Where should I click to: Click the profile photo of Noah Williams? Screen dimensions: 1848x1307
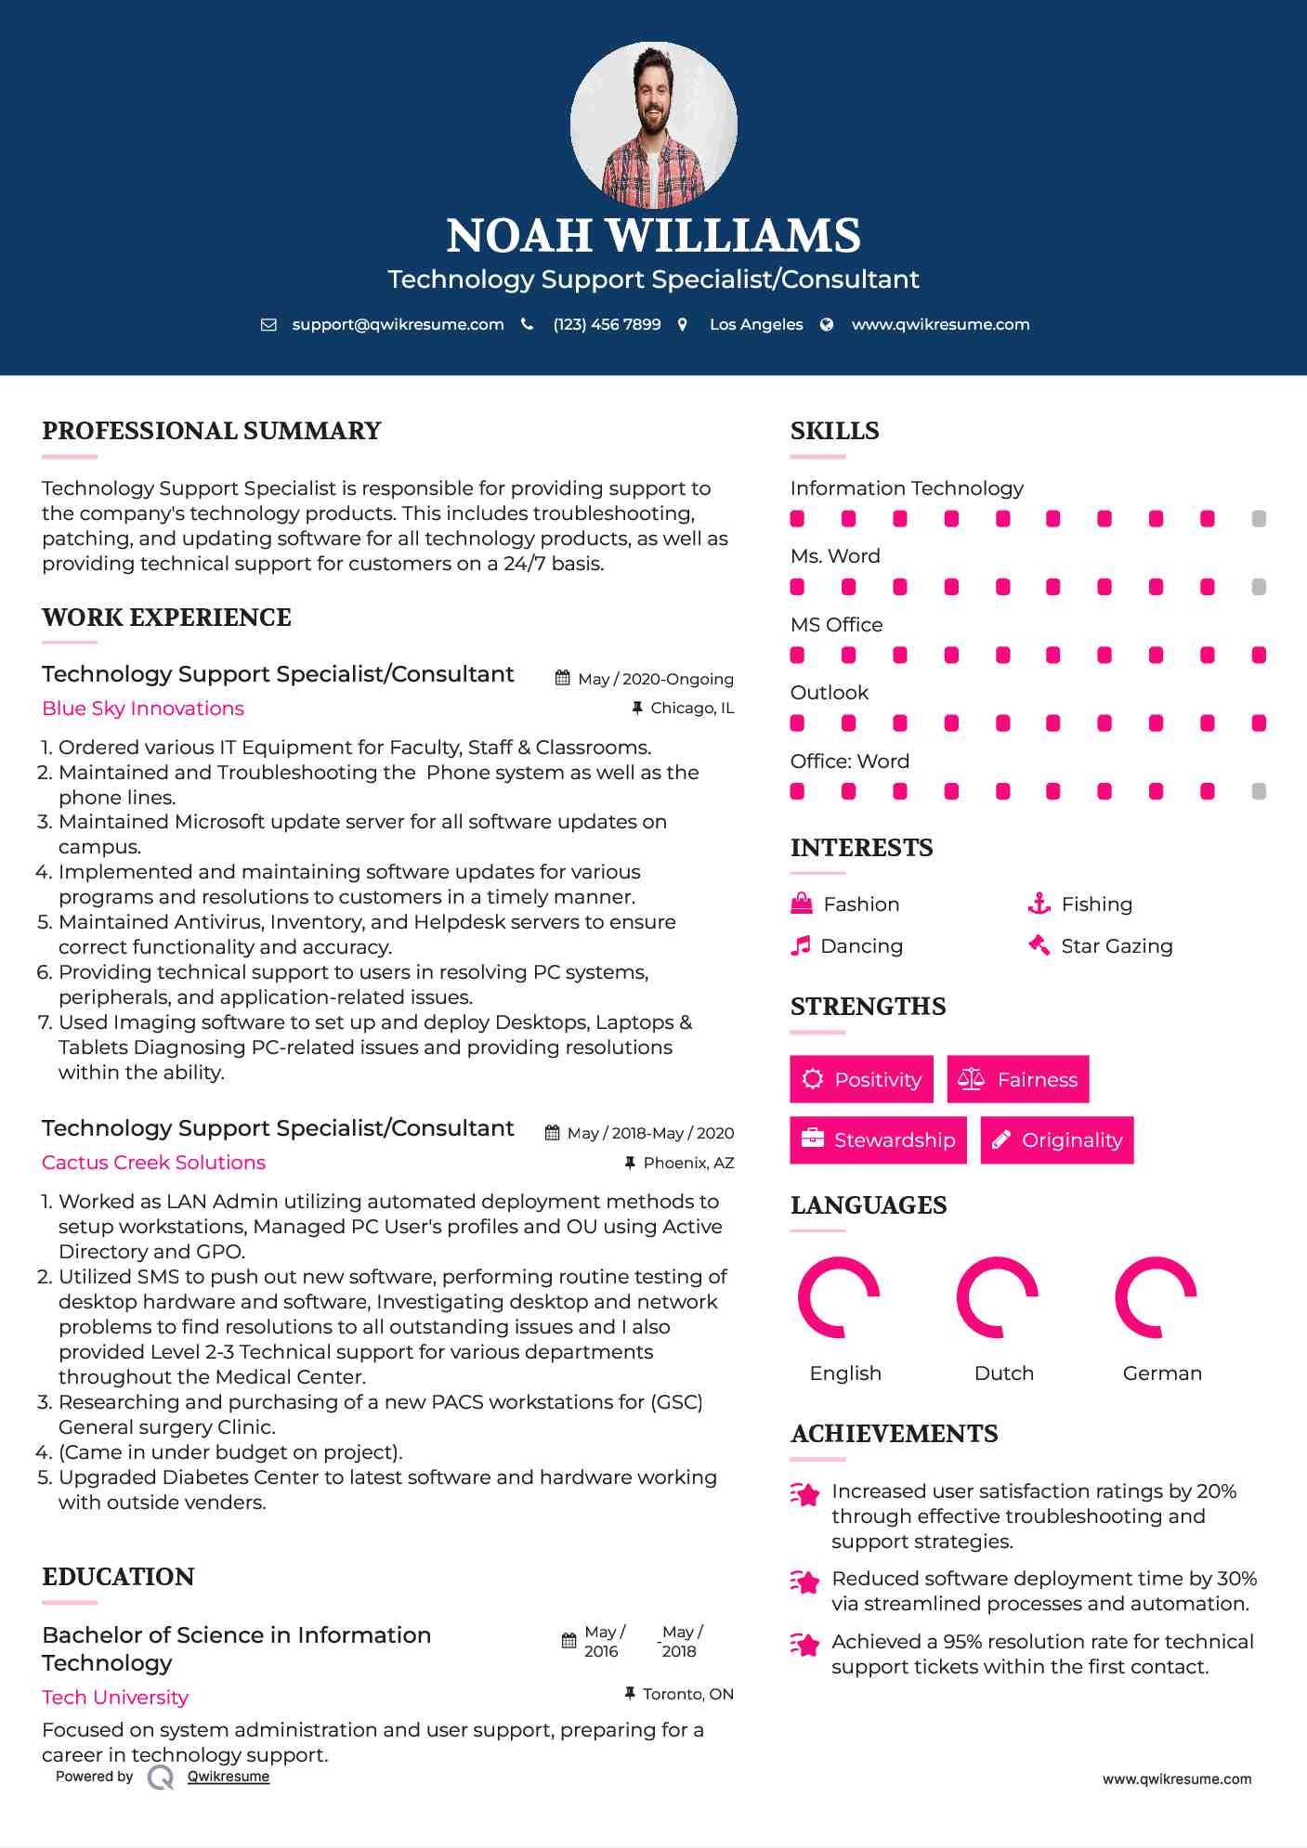653,124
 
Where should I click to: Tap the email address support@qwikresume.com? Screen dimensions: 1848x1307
397,325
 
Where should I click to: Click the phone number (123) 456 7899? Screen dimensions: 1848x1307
607,325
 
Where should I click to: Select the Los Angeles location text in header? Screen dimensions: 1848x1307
755,325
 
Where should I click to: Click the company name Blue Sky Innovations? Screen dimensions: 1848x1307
143,709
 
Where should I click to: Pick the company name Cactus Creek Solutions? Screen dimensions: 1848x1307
153,1163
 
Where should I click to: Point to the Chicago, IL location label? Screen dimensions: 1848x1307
691,709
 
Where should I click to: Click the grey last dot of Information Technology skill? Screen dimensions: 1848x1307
1259,519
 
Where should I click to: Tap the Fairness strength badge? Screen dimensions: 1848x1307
1017,1079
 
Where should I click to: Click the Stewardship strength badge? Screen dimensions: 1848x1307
878,1140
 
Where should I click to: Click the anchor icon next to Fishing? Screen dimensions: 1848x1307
1039,904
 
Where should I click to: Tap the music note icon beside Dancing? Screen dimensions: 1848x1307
800,946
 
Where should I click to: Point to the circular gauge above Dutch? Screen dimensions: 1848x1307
998,1297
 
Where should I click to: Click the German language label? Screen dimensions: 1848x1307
1161,1373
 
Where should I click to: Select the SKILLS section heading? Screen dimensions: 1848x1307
834,431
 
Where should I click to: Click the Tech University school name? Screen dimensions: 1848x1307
115,1698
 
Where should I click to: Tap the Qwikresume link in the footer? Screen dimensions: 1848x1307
228,1776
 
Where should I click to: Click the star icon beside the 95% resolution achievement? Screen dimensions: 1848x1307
804,1646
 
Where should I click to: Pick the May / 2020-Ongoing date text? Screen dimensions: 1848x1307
655,680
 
